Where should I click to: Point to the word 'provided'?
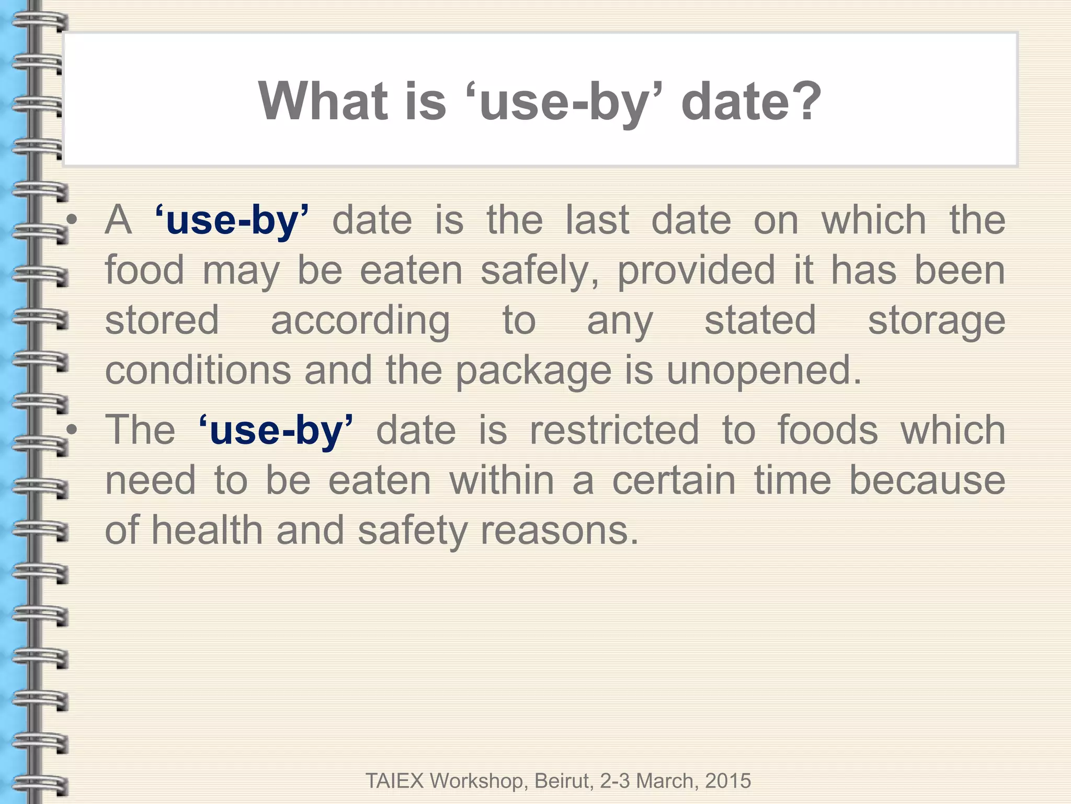pos(696,271)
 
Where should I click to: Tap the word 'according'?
pos(360,321)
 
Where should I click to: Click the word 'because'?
pos(927,481)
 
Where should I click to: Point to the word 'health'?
pos(207,530)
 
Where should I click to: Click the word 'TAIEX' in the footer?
pos(394,781)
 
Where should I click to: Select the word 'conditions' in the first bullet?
pos(198,371)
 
